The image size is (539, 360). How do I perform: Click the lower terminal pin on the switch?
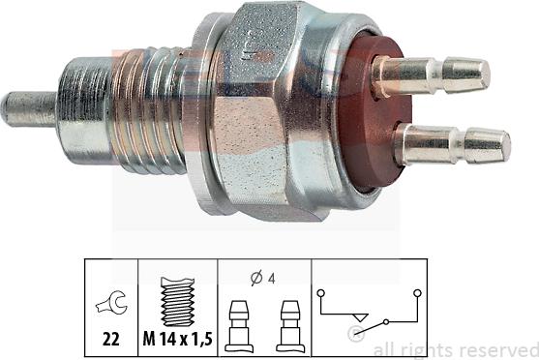coord(455,145)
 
